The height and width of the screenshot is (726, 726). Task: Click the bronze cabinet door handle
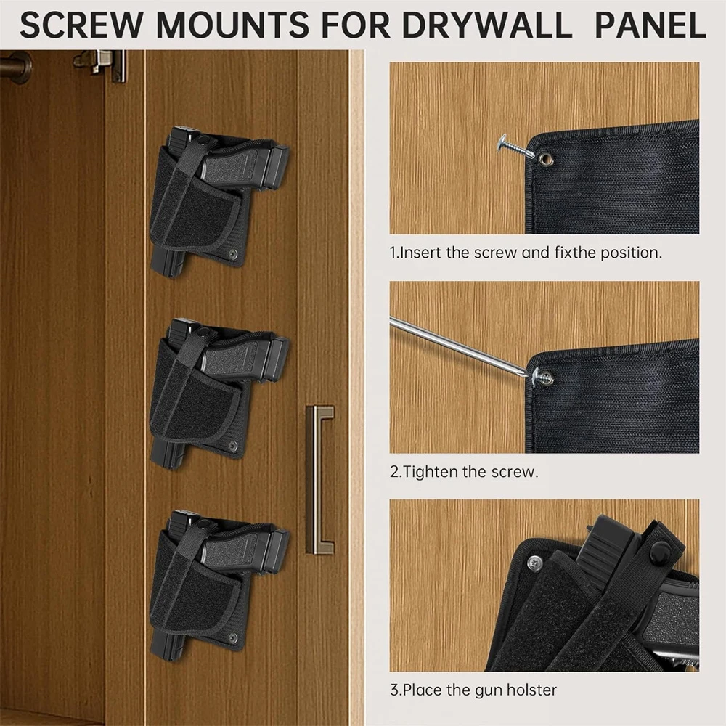(319, 479)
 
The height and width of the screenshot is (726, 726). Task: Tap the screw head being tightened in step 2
(542, 377)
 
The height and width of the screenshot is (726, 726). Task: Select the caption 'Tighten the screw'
(465, 471)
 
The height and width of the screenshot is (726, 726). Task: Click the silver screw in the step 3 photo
(535, 562)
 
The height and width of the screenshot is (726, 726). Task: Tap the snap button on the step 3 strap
(660, 552)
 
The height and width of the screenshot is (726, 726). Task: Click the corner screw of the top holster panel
(232, 254)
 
